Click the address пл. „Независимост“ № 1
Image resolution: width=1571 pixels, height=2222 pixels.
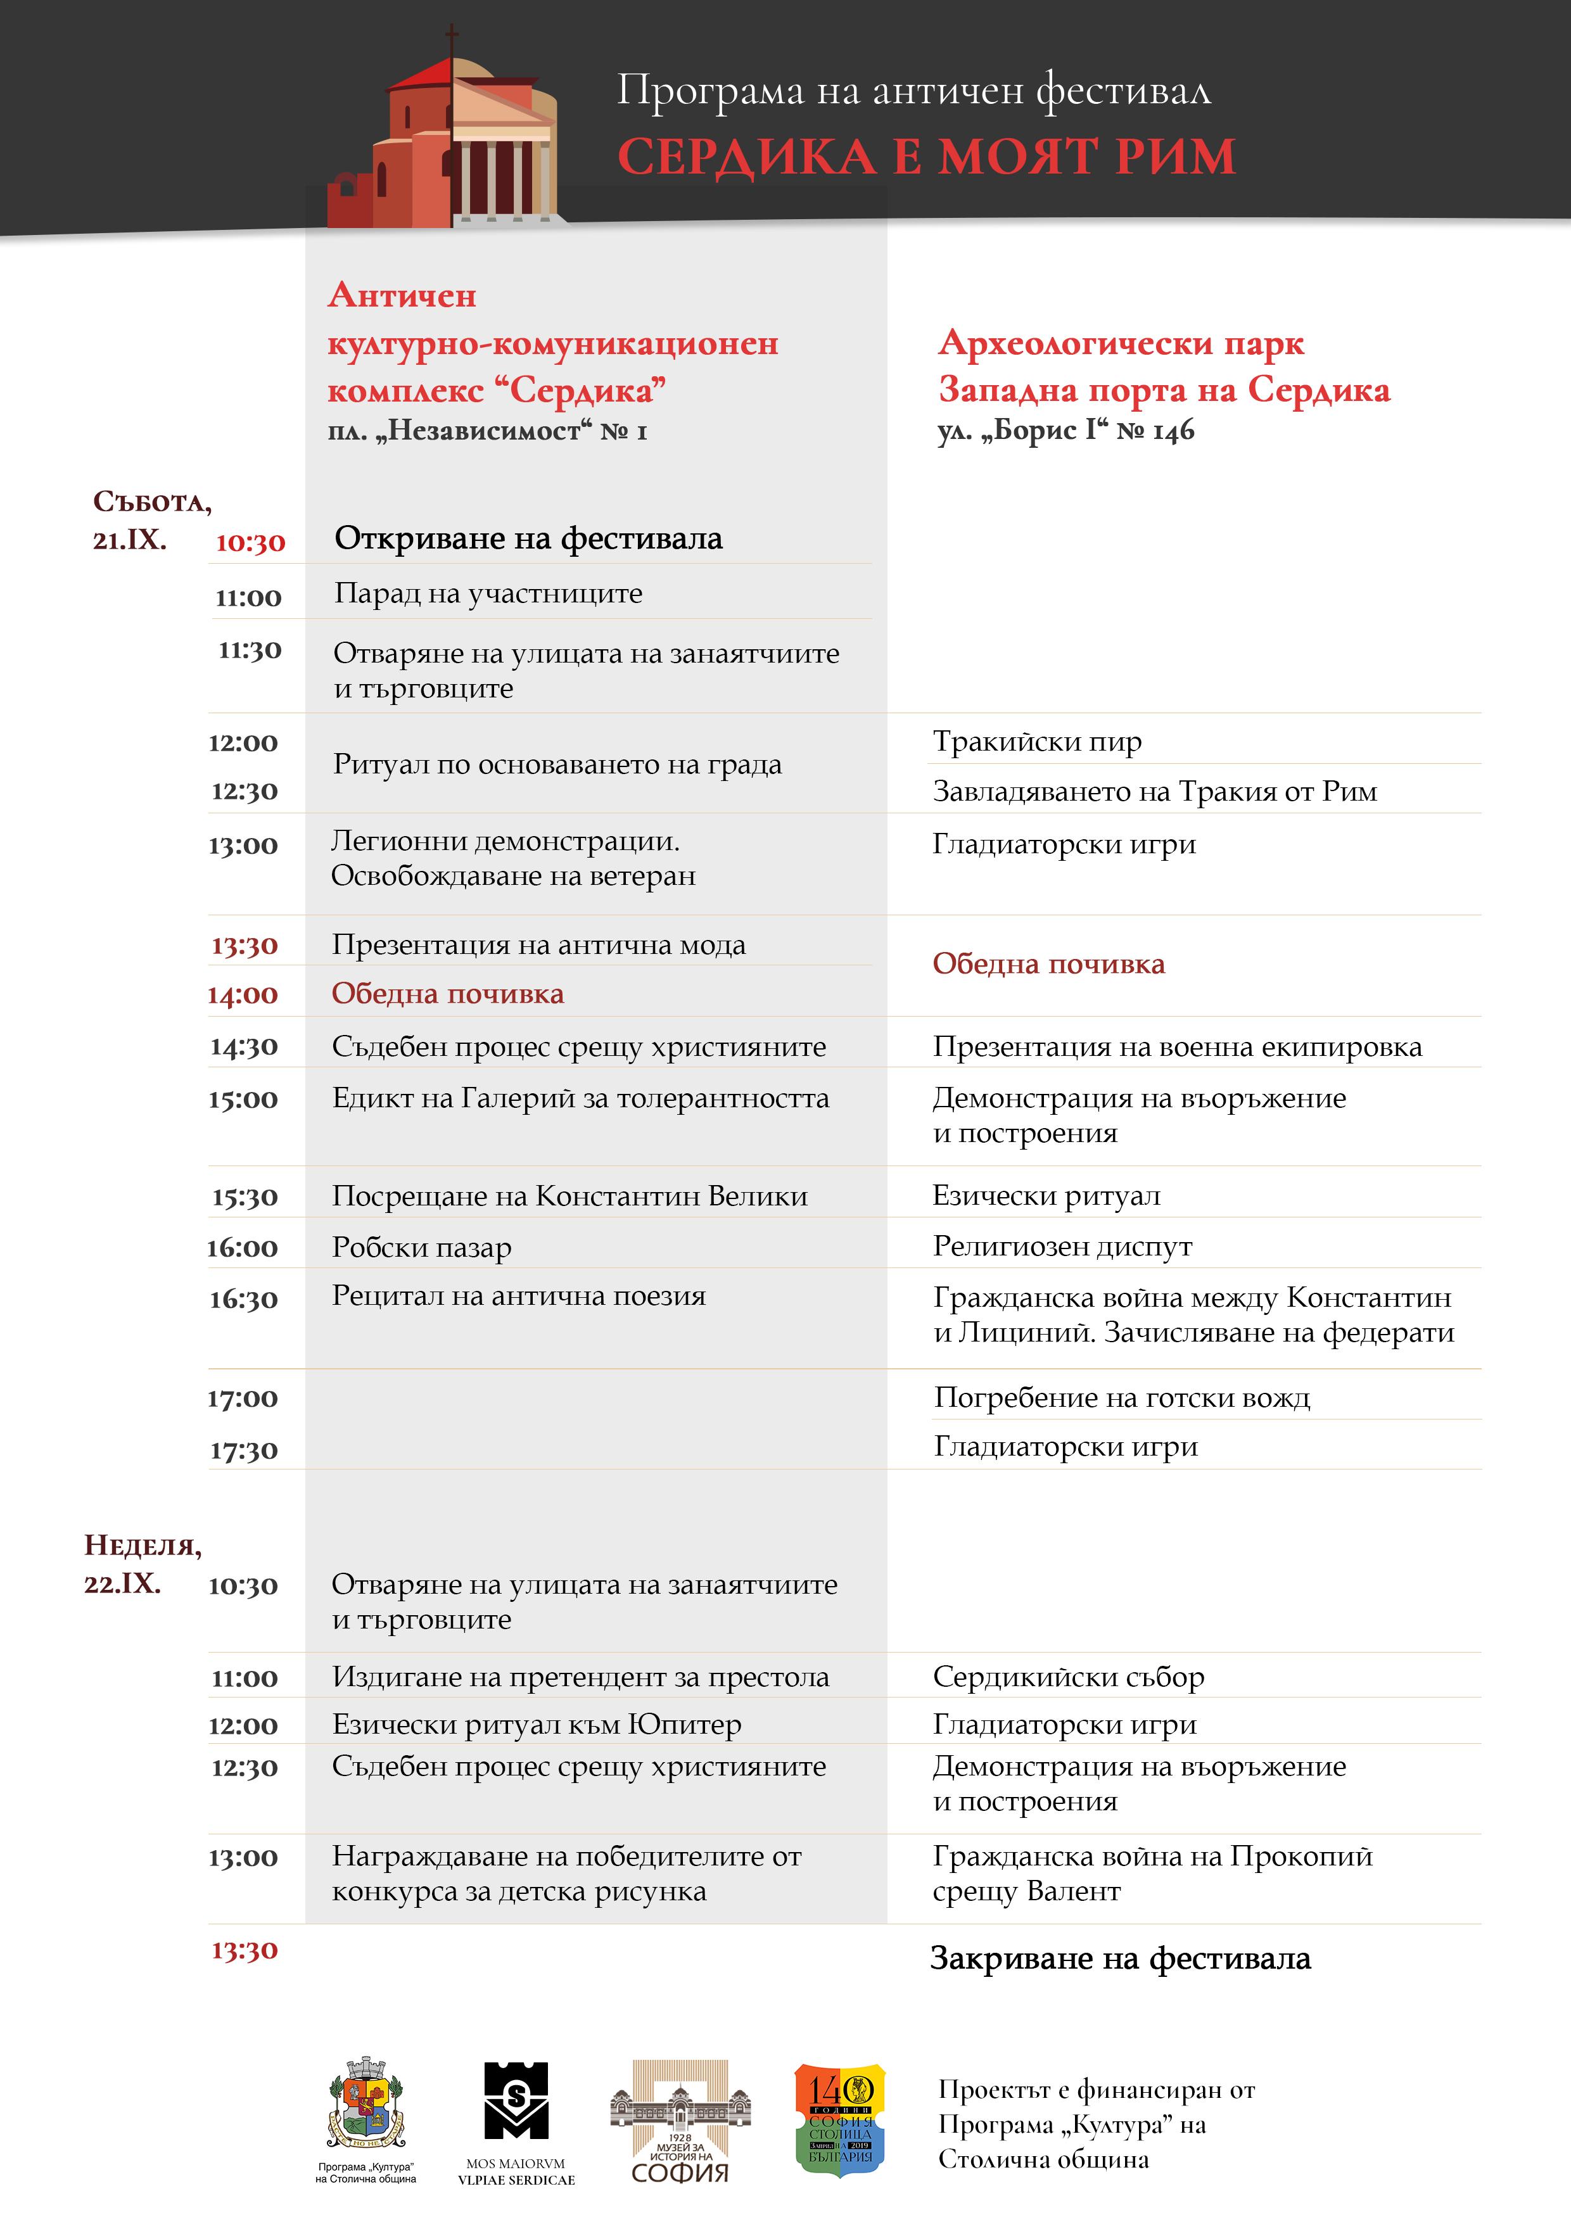(487, 431)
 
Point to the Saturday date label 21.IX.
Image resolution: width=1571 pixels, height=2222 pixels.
(130, 540)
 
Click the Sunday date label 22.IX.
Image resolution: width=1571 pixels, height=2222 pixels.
(122, 1584)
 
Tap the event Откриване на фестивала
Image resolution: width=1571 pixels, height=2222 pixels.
(528, 538)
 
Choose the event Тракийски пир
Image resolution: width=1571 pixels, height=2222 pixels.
(1037, 741)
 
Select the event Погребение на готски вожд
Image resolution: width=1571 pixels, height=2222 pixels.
(1122, 1397)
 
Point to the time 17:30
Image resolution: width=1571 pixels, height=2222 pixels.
(244, 1450)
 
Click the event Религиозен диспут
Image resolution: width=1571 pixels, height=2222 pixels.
(1062, 1247)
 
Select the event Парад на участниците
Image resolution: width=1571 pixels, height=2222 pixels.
(488, 594)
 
